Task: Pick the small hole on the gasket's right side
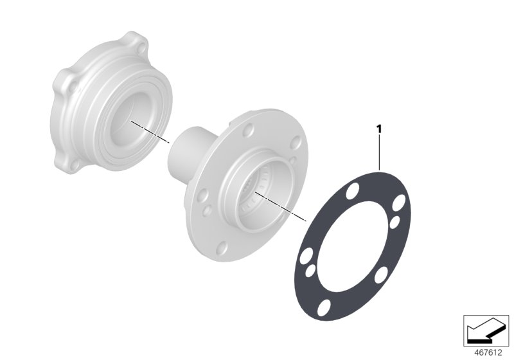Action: click(395, 222)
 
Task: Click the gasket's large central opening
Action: click(352, 247)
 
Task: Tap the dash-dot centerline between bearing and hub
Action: click(151, 132)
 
